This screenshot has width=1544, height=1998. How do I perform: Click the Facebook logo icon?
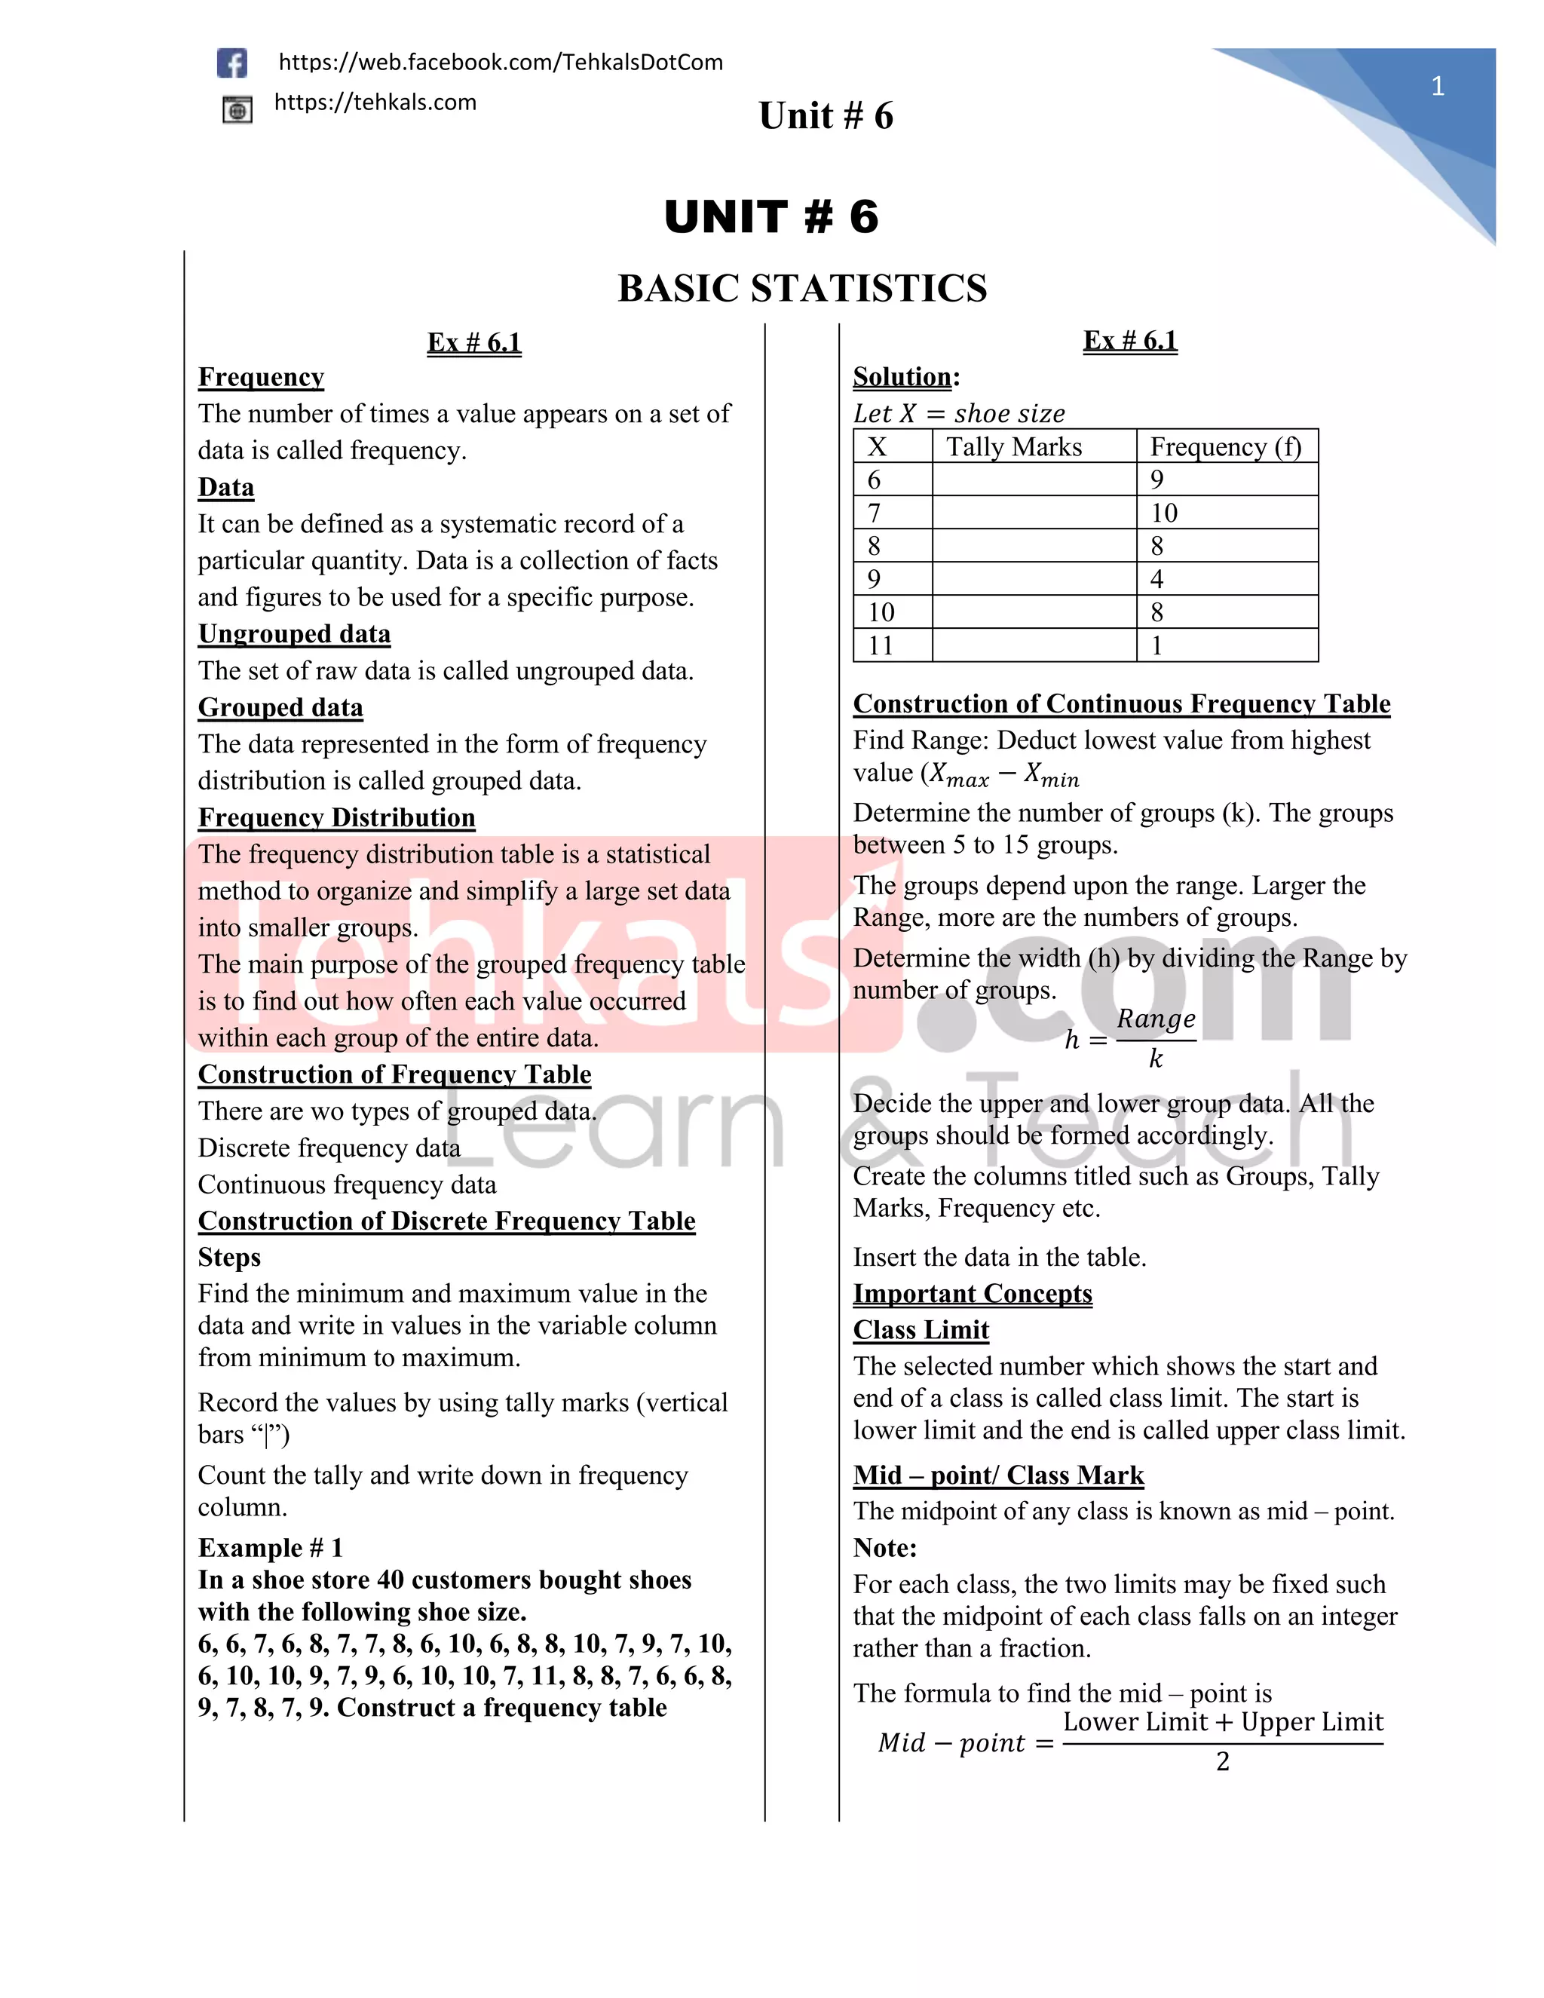coord(232,63)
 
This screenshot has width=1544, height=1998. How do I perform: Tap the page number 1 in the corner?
coord(1437,87)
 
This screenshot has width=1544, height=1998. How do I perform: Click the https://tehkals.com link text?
coord(375,103)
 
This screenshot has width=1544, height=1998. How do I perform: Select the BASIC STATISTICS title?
coord(802,288)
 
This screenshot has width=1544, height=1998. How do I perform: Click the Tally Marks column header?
coord(1013,446)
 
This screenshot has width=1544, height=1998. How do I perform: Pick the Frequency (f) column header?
coord(1225,446)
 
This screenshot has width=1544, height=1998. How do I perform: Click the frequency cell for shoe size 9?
coord(1157,579)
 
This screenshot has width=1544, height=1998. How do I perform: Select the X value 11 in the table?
coord(880,646)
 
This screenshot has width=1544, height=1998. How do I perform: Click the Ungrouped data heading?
coord(293,634)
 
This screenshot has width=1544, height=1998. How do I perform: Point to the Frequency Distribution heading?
coord(336,818)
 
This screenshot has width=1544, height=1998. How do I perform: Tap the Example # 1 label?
coord(270,1548)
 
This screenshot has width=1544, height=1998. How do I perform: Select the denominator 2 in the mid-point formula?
coord(1223,1761)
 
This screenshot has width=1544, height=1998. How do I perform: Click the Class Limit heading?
coord(921,1330)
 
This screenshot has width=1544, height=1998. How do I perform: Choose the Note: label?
coord(884,1548)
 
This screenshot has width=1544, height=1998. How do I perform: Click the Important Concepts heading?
coord(973,1294)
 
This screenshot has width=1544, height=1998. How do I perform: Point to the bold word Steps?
coord(228,1258)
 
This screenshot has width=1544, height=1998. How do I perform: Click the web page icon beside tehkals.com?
coord(237,111)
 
